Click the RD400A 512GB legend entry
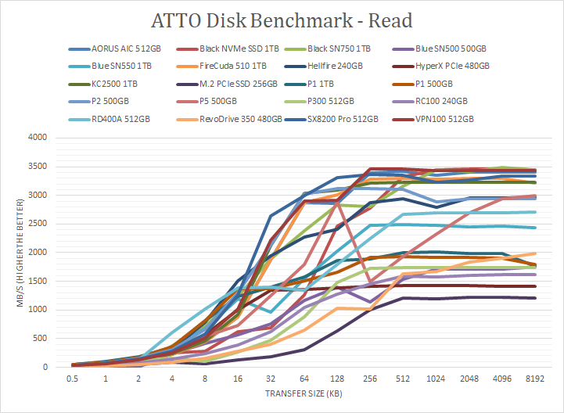(x=116, y=120)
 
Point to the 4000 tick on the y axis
(x=38, y=138)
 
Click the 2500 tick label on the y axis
(x=38, y=224)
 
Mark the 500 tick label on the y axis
(x=40, y=339)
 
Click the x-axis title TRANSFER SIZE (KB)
(x=304, y=393)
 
